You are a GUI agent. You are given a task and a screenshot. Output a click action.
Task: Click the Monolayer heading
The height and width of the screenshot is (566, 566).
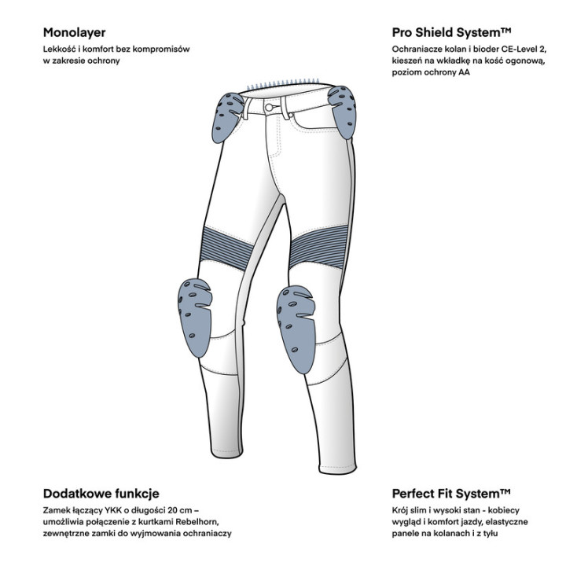point(75,33)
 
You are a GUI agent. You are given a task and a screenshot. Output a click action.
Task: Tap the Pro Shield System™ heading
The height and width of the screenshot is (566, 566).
point(451,32)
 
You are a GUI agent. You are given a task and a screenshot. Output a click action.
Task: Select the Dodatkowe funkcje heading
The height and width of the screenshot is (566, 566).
point(101,494)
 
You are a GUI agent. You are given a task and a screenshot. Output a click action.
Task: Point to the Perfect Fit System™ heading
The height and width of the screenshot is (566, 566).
point(451,494)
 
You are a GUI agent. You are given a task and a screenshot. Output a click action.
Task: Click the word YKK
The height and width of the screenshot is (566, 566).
point(112,510)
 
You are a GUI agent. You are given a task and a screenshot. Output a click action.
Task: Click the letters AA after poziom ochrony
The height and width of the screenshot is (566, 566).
point(465,72)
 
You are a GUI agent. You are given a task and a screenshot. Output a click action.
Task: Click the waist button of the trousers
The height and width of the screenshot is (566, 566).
point(269,107)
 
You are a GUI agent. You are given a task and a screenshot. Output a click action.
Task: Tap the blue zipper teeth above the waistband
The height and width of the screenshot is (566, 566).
point(283,84)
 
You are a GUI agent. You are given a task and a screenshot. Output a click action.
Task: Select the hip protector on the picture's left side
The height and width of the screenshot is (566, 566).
point(226,117)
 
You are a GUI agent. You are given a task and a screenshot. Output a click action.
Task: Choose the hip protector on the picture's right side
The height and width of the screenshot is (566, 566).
point(343,112)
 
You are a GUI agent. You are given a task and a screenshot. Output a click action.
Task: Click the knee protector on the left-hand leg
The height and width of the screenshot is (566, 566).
point(194,318)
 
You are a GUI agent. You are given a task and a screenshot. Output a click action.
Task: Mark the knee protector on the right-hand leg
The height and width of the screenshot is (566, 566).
point(296,329)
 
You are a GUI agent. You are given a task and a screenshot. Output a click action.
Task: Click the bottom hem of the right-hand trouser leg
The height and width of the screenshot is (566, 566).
point(337,469)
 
